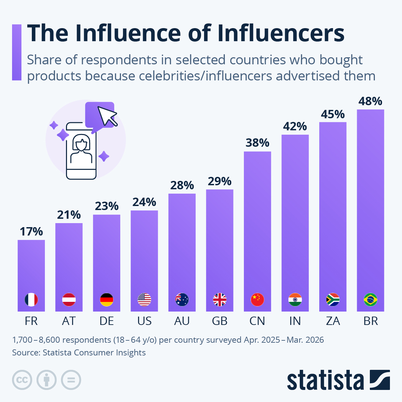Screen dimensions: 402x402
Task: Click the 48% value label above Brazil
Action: [x=370, y=102]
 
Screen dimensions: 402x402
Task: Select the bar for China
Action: [x=257, y=231]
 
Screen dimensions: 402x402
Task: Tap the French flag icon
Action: [x=31, y=299]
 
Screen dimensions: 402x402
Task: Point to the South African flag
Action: [x=333, y=299]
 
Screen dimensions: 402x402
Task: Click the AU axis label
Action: [x=182, y=321]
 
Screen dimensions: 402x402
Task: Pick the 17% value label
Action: [x=31, y=231]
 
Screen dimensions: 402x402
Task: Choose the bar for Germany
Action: [x=107, y=263]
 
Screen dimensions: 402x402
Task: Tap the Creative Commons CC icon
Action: [x=22, y=380]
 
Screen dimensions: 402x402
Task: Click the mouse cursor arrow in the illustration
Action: [x=107, y=116]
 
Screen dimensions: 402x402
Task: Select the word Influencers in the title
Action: [x=281, y=33]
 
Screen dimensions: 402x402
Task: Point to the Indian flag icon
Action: [x=295, y=299]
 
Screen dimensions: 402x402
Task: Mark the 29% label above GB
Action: [x=219, y=181]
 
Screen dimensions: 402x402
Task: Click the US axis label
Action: [x=144, y=321]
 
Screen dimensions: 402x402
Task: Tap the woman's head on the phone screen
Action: [x=81, y=143]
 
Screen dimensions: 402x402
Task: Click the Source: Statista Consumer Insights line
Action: [x=79, y=352]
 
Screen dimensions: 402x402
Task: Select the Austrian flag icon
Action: [x=69, y=299]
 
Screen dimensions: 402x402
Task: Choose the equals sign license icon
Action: [x=71, y=380]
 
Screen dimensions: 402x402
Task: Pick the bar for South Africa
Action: [x=333, y=217]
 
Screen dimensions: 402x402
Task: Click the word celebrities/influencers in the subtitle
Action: [x=205, y=76]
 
